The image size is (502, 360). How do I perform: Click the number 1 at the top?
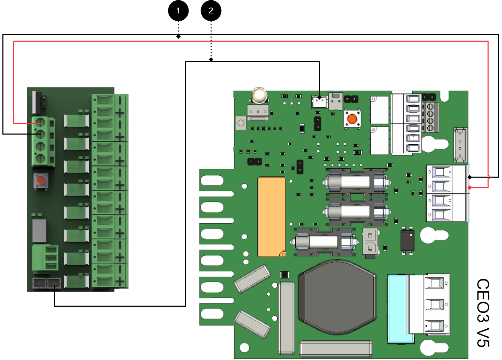coord(178,11)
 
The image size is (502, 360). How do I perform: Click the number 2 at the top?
coord(211,11)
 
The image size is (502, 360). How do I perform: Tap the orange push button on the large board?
coord(352,119)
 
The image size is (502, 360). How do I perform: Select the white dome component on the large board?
coord(259,95)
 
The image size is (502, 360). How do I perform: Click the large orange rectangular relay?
coord(272,217)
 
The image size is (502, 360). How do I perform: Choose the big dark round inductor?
coord(337,297)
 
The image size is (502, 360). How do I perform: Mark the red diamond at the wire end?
coord(470,188)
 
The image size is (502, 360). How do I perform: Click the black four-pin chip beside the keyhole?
coord(407,241)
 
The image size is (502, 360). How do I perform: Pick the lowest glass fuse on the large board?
coord(323,242)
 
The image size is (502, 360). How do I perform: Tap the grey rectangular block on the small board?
coord(39,231)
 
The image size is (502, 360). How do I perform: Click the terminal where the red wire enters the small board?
coord(40,123)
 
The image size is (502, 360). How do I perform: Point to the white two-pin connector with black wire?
coord(319,102)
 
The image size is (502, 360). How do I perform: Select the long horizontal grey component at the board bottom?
coord(336,349)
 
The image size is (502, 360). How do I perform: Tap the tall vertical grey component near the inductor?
coord(287,318)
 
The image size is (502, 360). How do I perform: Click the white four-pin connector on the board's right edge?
coord(460,145)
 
